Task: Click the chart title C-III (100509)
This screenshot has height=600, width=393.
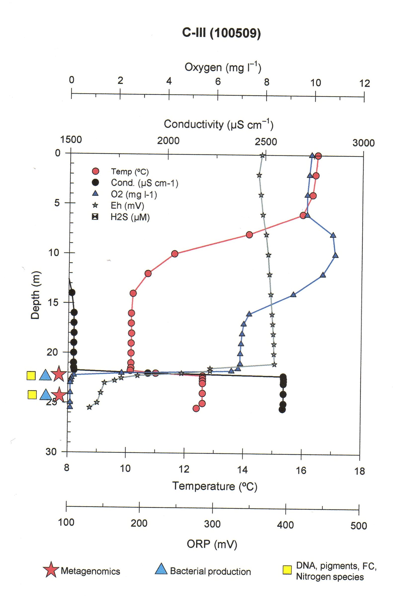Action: coord(221,33)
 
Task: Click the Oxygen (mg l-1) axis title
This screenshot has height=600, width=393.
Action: coord(223,67)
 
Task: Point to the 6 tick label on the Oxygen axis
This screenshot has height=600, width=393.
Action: coord(218,81)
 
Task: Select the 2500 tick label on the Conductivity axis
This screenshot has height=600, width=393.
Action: coord(266,142)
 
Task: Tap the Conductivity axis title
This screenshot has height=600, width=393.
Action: coord(218,124)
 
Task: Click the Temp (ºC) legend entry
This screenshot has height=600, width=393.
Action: coord(130,172)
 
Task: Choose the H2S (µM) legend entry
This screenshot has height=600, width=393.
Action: coord(130,217)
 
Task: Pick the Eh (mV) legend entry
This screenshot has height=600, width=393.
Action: coord(127,205)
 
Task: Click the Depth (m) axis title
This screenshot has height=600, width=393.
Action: coord(35,295)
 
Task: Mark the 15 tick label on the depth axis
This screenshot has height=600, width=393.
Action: coord(53,302)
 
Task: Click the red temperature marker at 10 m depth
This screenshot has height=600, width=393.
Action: coord(175,254)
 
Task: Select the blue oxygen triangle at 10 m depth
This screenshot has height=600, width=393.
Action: coord(335,256)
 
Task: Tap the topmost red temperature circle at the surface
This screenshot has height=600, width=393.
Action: coord(318,156)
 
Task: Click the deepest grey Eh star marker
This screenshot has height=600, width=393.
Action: coord(89,407)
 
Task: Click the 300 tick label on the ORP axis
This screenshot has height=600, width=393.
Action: coord(212,524)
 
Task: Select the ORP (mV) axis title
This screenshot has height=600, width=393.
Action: coord(212,544)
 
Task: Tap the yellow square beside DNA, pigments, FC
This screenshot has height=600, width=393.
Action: coord(287,569)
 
